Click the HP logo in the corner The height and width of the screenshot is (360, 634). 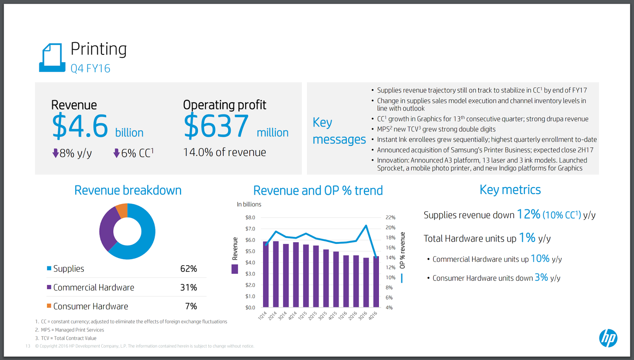coord(608,338)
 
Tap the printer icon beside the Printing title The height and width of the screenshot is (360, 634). coord(52,58)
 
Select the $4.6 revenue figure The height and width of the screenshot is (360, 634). coord(80,126)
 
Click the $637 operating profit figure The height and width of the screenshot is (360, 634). coord(216,126)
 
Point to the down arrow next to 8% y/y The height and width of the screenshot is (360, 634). coord(55,153)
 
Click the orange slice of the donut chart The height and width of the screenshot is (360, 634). coord(122,211)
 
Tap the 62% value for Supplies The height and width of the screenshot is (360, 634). coord(188,269)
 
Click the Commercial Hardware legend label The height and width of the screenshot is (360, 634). coord(94,287)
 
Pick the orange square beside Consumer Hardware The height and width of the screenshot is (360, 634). coord(49,306)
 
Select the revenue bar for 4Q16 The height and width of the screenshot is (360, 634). coord(376,281)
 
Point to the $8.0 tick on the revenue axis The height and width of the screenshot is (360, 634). coord(250,217)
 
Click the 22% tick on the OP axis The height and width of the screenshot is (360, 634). coord(390,217)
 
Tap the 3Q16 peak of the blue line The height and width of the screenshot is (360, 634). coord(366,226)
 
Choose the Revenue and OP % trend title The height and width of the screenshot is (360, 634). coord(318,191)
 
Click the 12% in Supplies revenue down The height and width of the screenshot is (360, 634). coord(528,214)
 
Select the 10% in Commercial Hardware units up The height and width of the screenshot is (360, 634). coord(540,259)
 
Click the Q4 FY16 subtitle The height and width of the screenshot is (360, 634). coord(90,69)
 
